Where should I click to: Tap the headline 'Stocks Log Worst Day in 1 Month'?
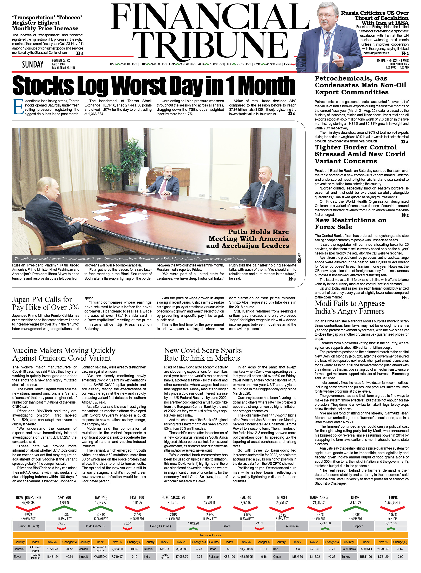[x=154, y=85]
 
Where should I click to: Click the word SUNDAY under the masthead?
[x=33, y=65]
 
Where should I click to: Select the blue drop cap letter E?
[x=18, y=107]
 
